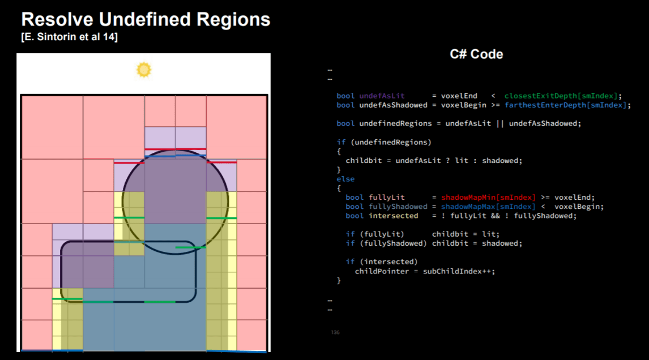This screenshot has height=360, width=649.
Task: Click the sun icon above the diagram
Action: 144,70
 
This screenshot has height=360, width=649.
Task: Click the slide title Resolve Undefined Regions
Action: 146,20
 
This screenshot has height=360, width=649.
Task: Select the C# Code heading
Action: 476,54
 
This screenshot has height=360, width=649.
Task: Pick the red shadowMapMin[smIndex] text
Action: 488,198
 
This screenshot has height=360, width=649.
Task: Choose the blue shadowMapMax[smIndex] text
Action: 488,207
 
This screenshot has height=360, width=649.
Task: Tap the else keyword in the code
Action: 345,179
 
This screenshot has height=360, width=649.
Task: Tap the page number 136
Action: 335,332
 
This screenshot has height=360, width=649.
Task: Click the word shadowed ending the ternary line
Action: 502,160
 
